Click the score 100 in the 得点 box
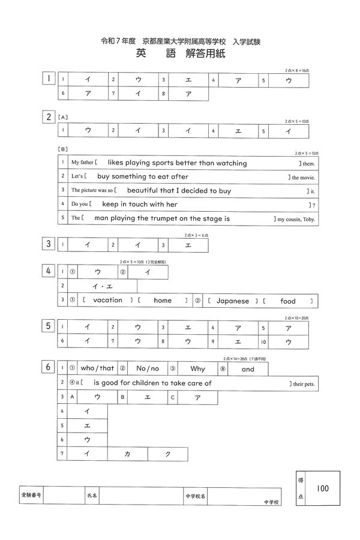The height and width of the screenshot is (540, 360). click(323, 488)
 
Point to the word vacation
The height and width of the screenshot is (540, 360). click(108, 301)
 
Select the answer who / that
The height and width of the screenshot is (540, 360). click(97, 369)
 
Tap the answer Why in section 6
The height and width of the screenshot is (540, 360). click(197, 369)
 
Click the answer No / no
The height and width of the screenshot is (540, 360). click(148, 369)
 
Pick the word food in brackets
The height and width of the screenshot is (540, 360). click(287, 301)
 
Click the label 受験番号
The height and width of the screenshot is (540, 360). click(31, 496)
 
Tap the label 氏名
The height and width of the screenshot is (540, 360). click(92, 496)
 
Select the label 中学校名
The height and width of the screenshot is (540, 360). click(195, 496)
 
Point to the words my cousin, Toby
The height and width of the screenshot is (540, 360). click(296, 219)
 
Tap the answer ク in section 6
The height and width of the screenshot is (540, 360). click(167, 454)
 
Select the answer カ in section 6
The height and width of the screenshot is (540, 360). click(127, 454)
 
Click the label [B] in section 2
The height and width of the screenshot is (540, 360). click(62, 149)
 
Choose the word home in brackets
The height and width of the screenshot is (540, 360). click(163, 301)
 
